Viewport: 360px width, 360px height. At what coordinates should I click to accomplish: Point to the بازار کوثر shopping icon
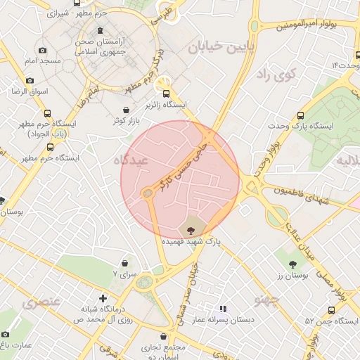[x=126, y=110]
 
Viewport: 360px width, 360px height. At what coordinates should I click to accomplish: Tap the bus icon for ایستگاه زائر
[x=167, y=93]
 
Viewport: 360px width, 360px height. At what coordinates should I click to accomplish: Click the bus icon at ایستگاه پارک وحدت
[x=301, y=115]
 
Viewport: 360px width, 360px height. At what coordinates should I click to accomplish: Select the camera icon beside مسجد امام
[x=43, y=51]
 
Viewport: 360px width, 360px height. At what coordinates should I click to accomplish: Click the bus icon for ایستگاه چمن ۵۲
[x=331, y=310]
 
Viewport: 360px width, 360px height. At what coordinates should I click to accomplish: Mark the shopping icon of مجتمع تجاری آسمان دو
[x=164, y=336]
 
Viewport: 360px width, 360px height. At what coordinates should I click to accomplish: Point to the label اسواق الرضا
[x=28, y=91]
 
